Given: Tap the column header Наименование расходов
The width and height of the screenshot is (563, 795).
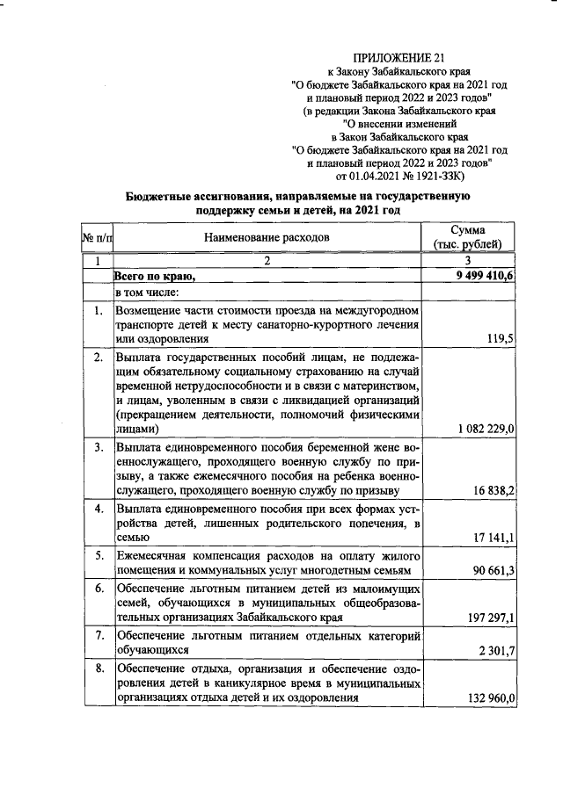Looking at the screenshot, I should pyautogui.click(x=266, y=237).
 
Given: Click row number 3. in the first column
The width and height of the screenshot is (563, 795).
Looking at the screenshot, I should pyautogui.click(x=99, y=447).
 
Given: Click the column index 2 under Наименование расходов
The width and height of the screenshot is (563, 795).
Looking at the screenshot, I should pyautogui.click(x=266, y=261).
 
